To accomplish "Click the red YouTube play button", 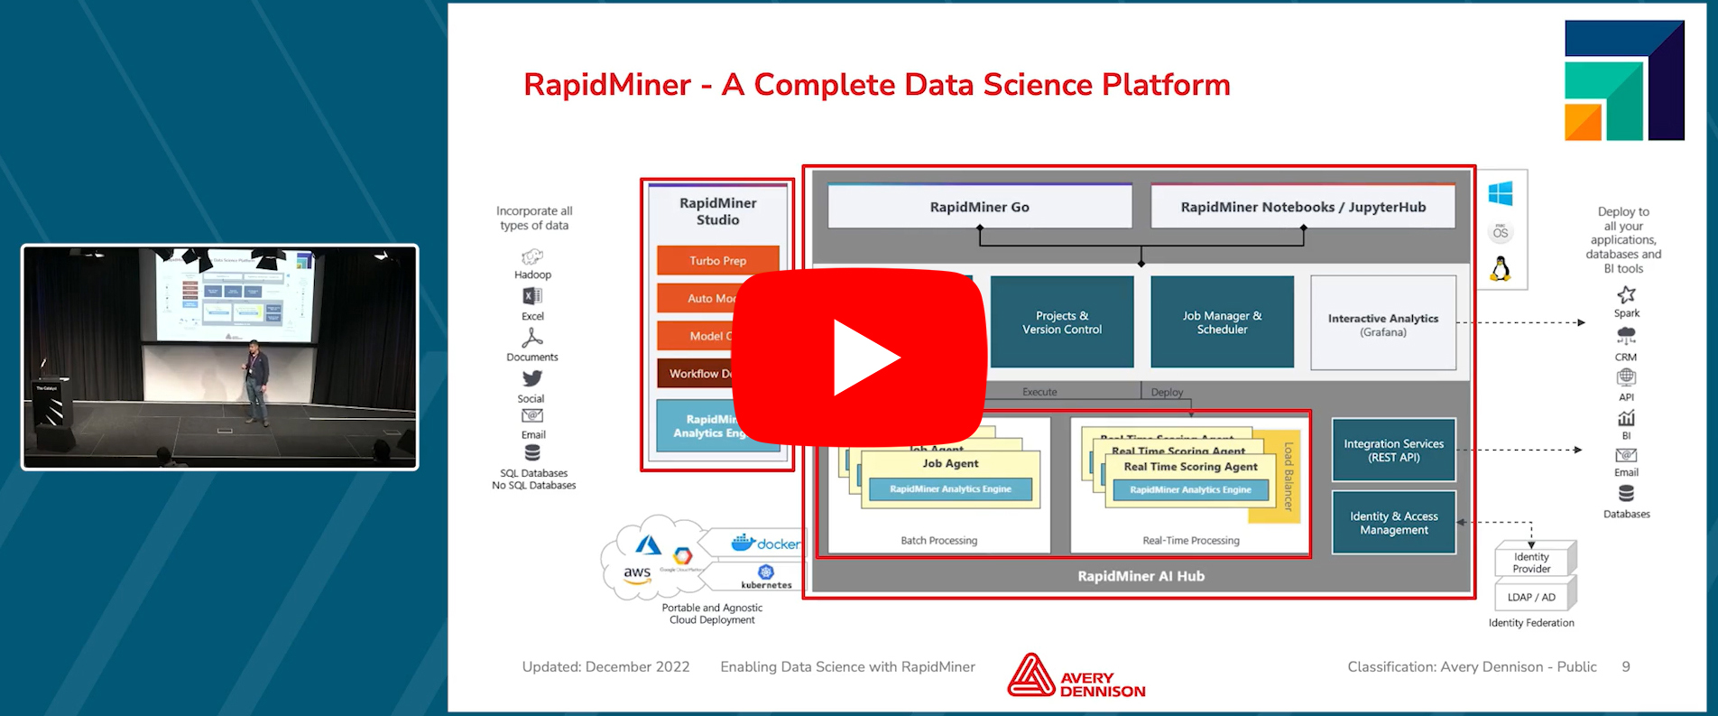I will click(860, 357).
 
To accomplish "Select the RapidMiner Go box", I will click(979, 207).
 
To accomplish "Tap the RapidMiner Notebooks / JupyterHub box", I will click(1302, 207).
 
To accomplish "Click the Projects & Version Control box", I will click(1061, 322).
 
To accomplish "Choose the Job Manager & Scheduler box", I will click(1222, 322).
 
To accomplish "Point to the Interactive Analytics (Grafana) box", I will click(1382, 324).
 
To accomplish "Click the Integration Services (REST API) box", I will click(1393, 450).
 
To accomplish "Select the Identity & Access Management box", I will click(1393, 523).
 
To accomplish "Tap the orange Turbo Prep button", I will click(717, 260).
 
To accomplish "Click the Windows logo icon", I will click(1501, 193).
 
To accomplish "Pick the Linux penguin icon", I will click(1501, 268).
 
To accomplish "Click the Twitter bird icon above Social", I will click(532, 378).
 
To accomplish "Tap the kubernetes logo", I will click(766, 576).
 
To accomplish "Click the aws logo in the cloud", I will click(637, 574).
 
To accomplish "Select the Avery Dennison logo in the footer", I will click(1076, 676).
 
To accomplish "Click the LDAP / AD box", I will click(1531, 597).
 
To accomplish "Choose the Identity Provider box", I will click(1531, 563).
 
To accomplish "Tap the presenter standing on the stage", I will click(256, 381).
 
